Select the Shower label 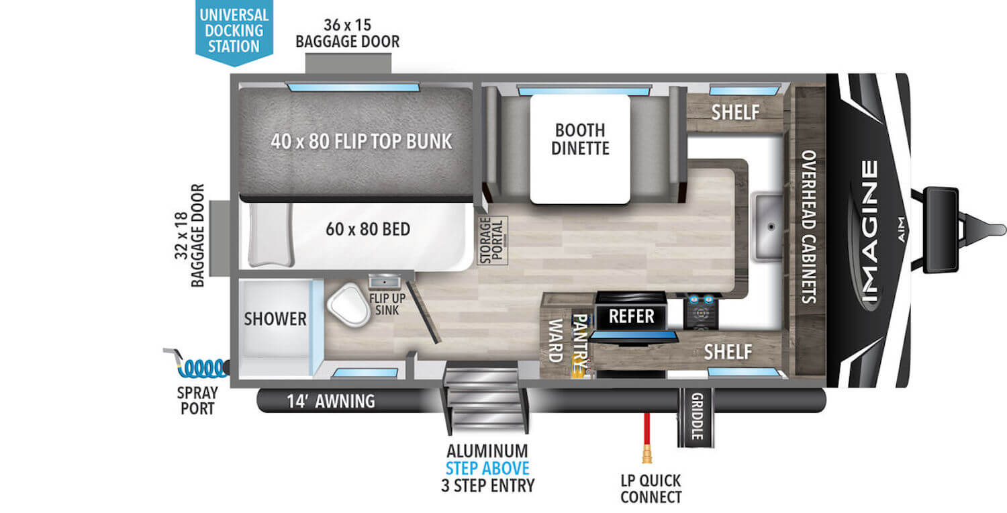pos(275,318)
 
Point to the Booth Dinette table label pos(579,139)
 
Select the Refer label pos(632,316)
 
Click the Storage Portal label pos(493,240)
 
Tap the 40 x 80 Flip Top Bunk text pos(362,142)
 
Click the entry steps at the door pos(483,396)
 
